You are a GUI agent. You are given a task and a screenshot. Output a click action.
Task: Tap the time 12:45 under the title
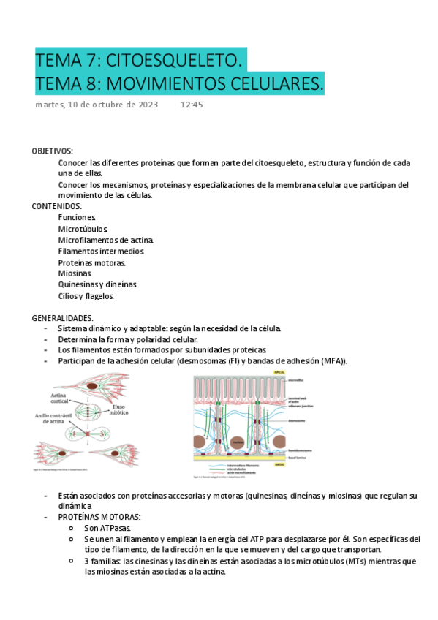pyautogui.click(x=192, y=105)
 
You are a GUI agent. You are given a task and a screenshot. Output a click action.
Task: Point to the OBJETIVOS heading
pyautogui.click(x=52, y=151)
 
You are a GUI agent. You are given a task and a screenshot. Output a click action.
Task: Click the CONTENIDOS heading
pyautogui.click(x=57, y=206)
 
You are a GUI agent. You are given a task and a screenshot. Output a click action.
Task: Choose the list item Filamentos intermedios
pyautogui.click(x=101, y=252)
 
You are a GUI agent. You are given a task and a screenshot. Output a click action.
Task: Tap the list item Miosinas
pyautogui.click(x=75, y=273)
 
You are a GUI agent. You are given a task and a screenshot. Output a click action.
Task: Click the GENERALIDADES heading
pyautogui.click(x=63, y=318)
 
